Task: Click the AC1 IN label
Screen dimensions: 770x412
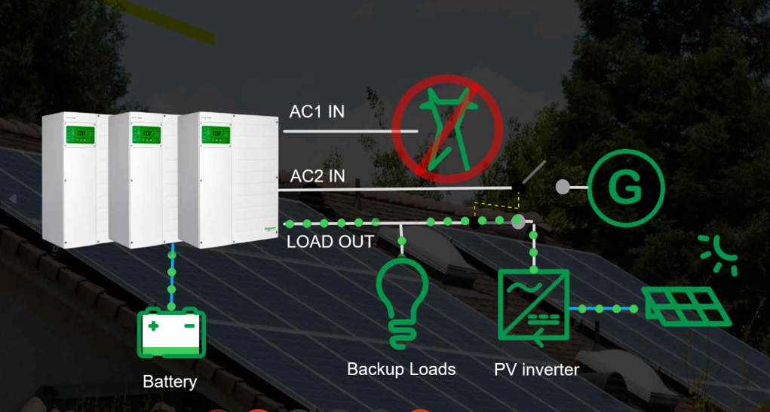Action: pyautogui.click(x=317, y=111)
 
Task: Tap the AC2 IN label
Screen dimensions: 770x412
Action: pyautogui.click(x=318, y=176)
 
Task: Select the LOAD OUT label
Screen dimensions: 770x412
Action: pyautogui.click(x=330, y=242)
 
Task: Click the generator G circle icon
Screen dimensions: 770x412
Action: pyautogui.click(x=626, y=188)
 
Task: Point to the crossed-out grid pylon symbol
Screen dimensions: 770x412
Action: pyautogui.click(x=447, y=129)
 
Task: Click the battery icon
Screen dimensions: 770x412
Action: pyautogui.click(x=171, y=333)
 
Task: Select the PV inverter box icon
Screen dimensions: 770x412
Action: pyautogui.click(x=533, y=305)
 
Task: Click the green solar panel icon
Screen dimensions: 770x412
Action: pyautogui.click(x=686, y=306)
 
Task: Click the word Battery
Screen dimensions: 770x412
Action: pyautogui.click(x=170, y=382)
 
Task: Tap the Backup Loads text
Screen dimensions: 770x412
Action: pyautogui.click(x=401, y=369)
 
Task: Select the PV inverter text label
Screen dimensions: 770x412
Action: pyautogui.click(x=537, y=369)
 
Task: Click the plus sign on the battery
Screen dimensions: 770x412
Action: pyautogui.click(x=154, y=325)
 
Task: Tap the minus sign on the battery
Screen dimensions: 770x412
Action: pyautogui.click(x=189, y=325)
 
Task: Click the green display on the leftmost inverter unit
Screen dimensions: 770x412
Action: pyautogui.click(x=79, y=135)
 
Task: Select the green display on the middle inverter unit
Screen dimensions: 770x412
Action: pyautogui.click(x=146, y=135)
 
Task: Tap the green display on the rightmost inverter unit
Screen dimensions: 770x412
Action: pyautogui.click(x=216, y=135)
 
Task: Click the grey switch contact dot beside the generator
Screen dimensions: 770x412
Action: pyautogui.click(x=563, y=187)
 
